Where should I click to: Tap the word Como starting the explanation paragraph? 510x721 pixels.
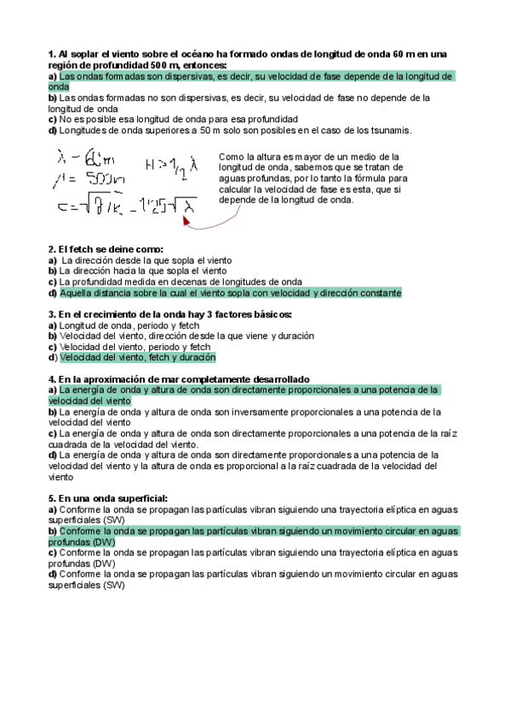click(x=230, y=157)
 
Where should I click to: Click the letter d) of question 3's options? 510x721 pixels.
click(x=53, y=358)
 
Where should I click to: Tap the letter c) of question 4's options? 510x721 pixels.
click(x=53, y=434)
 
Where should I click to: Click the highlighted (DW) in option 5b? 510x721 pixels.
click(x=103, y=542)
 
